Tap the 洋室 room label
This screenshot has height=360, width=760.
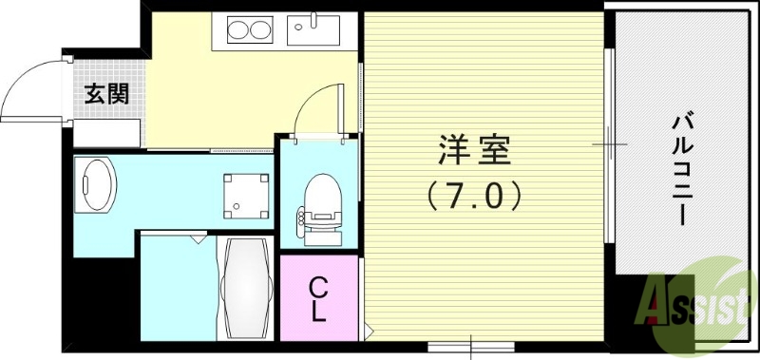[475, 150]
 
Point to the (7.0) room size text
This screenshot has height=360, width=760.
[474, 197]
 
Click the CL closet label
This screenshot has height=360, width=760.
[319, 296]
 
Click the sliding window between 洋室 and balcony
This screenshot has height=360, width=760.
[609, 142]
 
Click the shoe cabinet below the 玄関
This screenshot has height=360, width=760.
[107, 133]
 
